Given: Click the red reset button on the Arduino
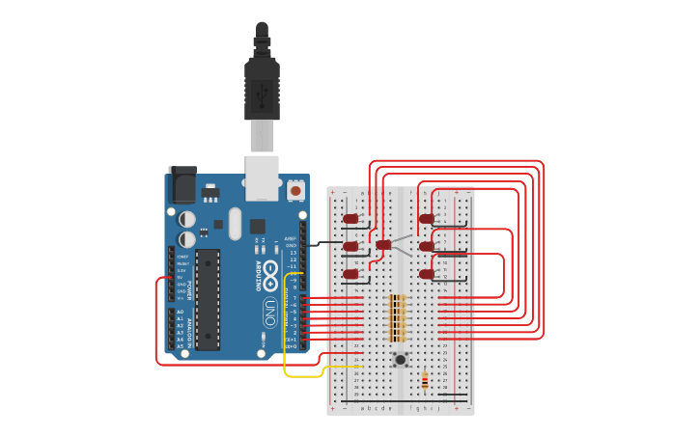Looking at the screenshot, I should (x=294, y=190).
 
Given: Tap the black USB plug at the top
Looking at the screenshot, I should (x=262, y=82).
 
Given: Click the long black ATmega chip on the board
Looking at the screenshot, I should (x=208, y=299).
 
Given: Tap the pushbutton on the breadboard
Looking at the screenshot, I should (x=400, y=359).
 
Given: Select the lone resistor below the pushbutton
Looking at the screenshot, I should (x=425, y=381).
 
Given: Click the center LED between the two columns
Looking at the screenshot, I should (x=384, y=245).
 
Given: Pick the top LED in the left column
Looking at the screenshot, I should (x=350, y=219).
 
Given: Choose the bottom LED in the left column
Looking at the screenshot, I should (x=350, y=275).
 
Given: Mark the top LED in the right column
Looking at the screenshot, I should (x=426, y=219).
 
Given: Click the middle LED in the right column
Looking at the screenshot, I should (x=426, y=247).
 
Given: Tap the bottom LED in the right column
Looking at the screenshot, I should (x=426, y=275).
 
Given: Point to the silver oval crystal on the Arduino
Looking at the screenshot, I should (x=235, y=224).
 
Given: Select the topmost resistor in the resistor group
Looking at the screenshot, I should (x=397, y=297).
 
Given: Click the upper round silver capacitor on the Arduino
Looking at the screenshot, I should (x=186, y=219).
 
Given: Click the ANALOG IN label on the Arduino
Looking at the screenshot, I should (x=190, y=328).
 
